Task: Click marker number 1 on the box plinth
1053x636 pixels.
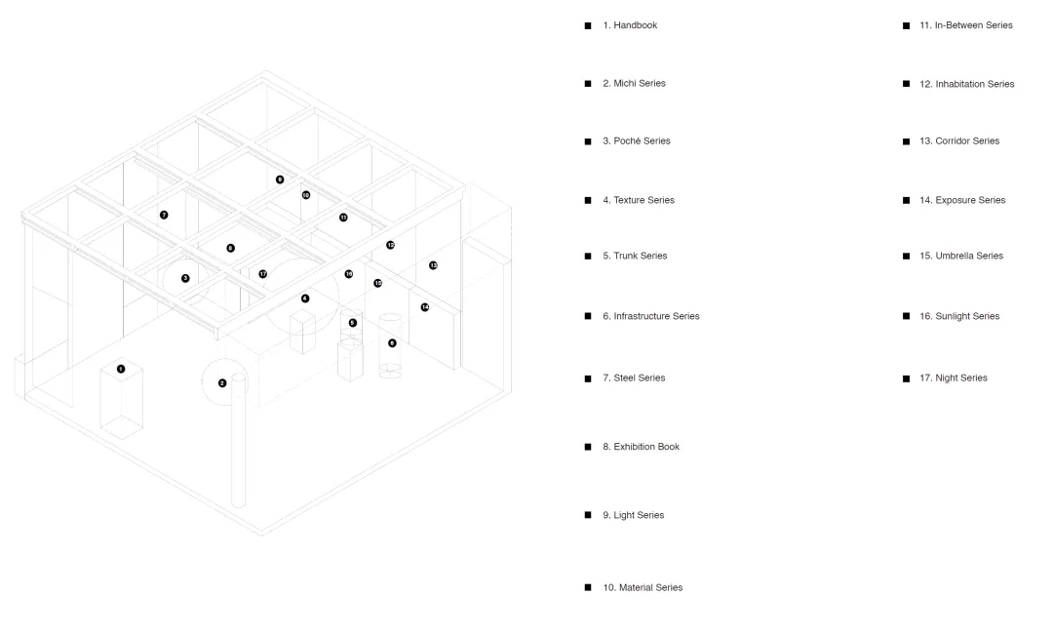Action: coord(121,369)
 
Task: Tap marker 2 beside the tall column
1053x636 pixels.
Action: coord(222,382)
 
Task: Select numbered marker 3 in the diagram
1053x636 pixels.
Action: coord(185,278)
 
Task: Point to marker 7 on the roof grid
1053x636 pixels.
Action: coord(164,215)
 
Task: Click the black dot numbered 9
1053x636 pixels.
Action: coord(280,179)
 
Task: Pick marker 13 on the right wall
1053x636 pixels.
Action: coord(433,265)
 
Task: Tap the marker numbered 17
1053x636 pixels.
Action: coord(263,274)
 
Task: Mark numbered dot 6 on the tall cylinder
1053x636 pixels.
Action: coord(392,342)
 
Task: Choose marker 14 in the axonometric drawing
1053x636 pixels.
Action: coord(425,307)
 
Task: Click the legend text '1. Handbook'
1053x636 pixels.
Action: coord(630,25)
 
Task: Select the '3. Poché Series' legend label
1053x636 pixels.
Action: coord(636,141)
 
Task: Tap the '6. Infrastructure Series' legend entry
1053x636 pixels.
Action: coord(650,316)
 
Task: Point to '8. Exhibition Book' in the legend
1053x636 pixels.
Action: coord(641,447)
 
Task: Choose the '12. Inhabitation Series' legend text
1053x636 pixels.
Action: coord(966,84)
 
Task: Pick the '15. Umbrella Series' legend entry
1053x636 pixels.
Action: coord(960,256)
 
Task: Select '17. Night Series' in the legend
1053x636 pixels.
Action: coord(953,378)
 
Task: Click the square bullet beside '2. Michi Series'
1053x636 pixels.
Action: coord(588,84)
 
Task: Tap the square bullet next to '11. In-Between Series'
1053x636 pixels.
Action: coord(907,25)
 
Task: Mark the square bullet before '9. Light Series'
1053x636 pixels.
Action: coord(588,515)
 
